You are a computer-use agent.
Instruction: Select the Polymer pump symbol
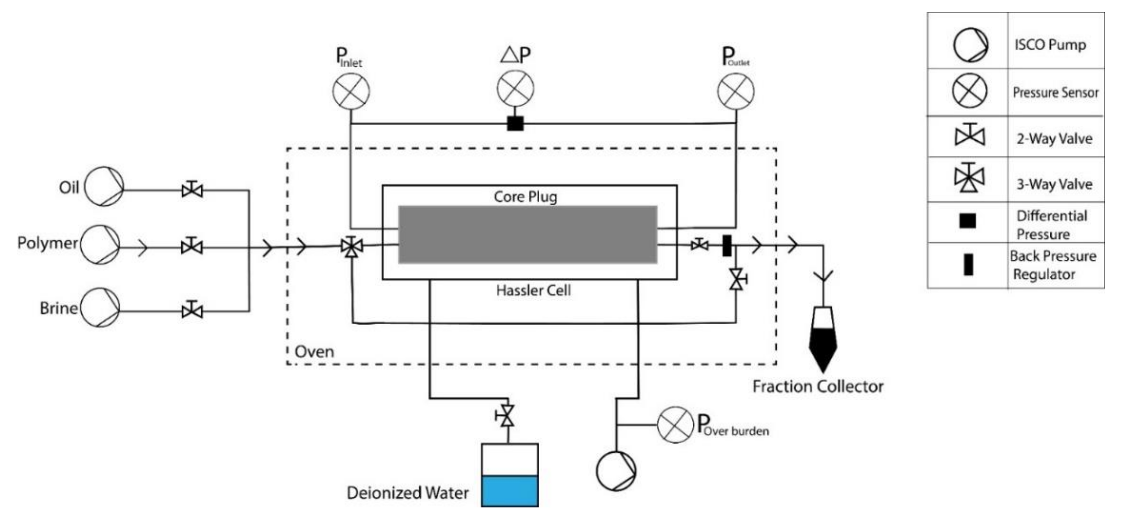(100, 245)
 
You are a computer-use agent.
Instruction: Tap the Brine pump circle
(100, 307)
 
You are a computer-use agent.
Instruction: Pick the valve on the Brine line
(192, 311)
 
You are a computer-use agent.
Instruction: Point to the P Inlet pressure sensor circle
(351, 91)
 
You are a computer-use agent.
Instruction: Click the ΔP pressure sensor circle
(515, 88)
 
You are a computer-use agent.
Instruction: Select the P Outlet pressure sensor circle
(736, 91)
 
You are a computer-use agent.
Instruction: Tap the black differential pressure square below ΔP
(515, 123)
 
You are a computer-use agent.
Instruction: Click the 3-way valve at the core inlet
(352, 247)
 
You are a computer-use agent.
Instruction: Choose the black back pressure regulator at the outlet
(727, 245)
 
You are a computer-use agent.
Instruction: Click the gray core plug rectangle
(528, 234)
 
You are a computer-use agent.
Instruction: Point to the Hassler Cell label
(533, 290)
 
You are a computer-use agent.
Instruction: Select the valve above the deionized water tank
(507, 416)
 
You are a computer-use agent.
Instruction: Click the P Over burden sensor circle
(675, 424)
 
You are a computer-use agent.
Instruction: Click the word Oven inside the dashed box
(314, 352)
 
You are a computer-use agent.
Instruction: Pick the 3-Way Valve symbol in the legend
(969, 178)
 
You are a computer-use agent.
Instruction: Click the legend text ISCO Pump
(1050, 45)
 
